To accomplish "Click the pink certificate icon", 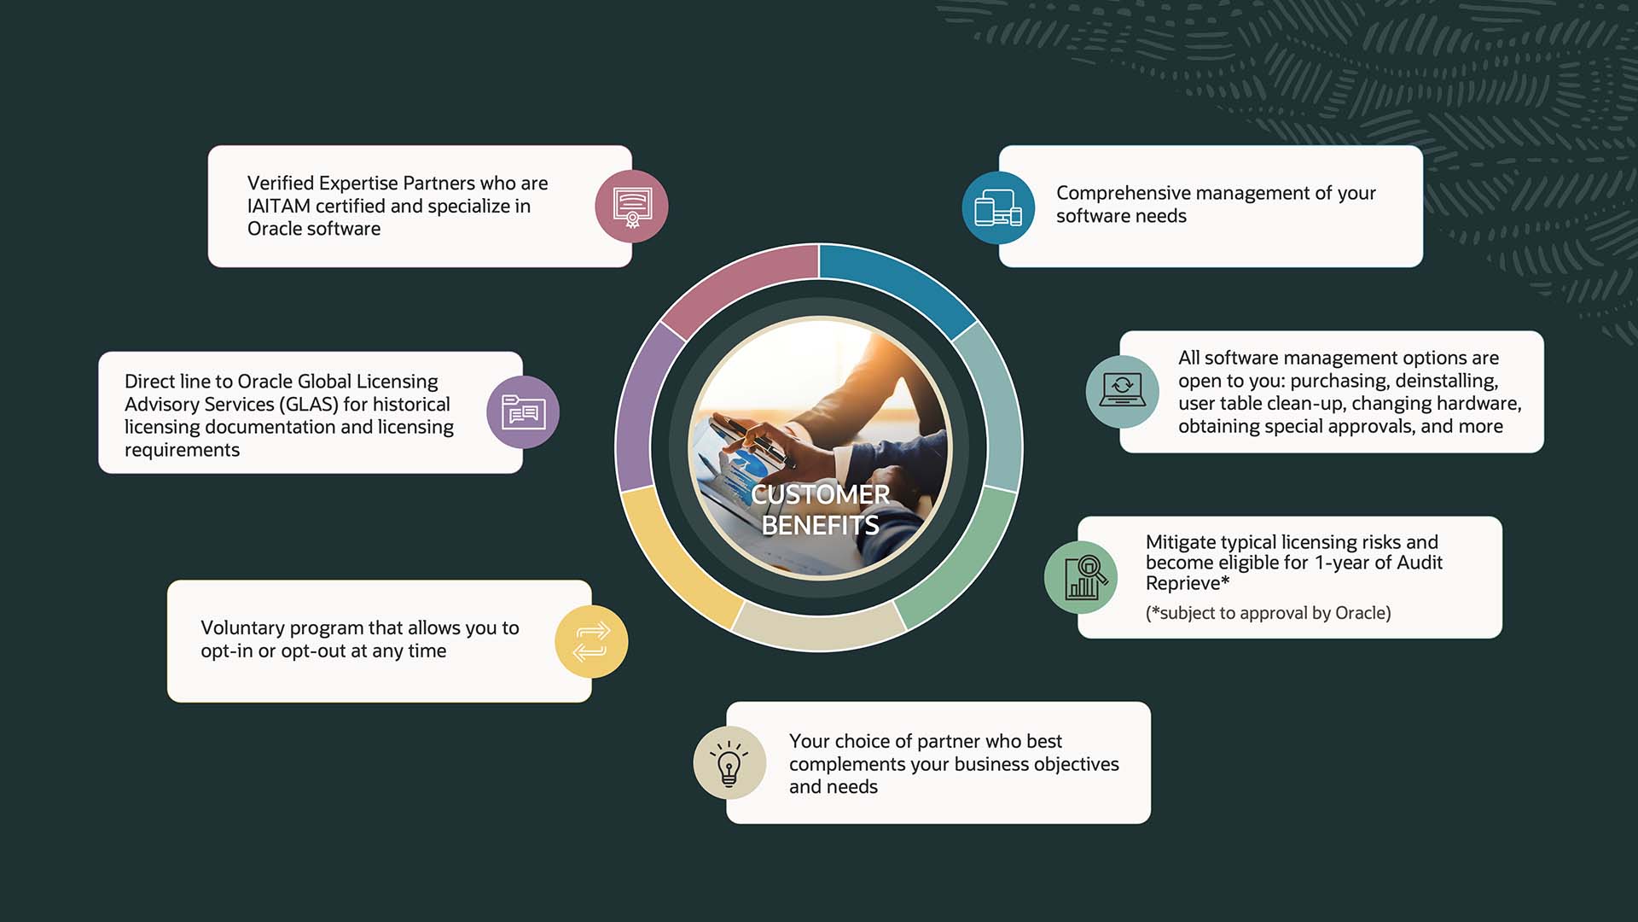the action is (631, 207).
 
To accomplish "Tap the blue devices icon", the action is (998, 207).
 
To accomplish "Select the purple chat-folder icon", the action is (523, 412).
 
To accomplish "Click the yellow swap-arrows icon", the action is (591, 642).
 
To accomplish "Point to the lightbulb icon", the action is (729, 762).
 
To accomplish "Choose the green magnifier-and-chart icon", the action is (1081, 577).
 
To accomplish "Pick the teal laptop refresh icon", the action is (1123, 392).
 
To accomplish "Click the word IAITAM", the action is (279, 206).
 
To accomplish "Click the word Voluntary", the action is (242, 628).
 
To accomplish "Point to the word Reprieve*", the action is (1188, 583).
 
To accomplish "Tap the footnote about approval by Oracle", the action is (1269, 613).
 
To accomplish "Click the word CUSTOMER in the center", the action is (821, 494).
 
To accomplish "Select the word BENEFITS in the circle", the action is (820, 525).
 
